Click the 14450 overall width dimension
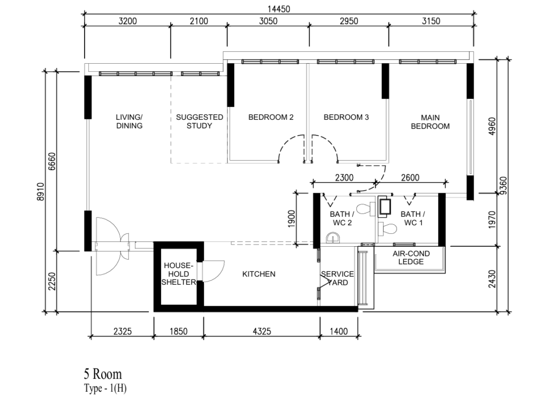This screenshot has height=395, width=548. point(278,9)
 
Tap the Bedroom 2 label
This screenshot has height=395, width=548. point(271,117)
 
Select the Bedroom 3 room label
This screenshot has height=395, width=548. point(346,117)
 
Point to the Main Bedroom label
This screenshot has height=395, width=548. point(430,121)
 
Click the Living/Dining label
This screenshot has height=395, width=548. point(130,121)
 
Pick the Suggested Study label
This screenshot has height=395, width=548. point(199,121)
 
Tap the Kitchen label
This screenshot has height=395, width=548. point(258,274)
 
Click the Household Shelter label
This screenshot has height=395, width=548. point(179,274)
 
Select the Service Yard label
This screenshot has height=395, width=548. point(338,278)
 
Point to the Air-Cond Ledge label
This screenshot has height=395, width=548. point(411,257)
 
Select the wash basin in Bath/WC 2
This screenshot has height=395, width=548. point(333,238)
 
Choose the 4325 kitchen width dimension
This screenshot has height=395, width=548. point(261,331)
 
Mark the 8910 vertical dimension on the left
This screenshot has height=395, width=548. point(41,192)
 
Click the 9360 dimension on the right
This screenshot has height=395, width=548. point(503,186)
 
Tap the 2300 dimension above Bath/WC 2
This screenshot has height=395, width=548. point(344,178)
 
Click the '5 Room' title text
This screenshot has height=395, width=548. point(103,374)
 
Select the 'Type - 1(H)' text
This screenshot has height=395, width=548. point(105,389)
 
